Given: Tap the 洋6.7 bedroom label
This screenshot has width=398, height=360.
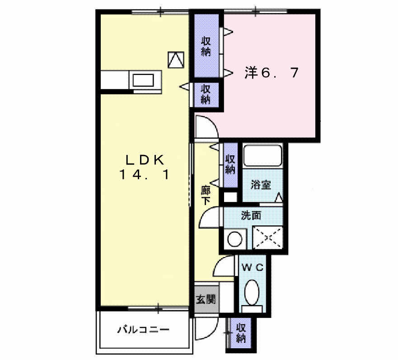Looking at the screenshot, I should pyautogui.click(x=272, y=73).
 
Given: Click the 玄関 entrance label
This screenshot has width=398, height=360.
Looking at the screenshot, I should pyautogui.click(x=206, y=299).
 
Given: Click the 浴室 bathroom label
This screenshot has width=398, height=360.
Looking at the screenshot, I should pyautogui.click(x=261, y=184).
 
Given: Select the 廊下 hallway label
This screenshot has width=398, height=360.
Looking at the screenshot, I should pyautogui.click(x=206, y=195).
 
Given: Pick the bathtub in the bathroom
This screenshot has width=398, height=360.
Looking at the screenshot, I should pyautogui.click(x=262, y=156).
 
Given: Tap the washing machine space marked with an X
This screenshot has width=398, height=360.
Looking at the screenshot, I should pyautogui.click(x=267, y=237).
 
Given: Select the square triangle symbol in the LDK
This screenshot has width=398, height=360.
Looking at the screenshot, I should pyautogui.click(x=176, y=59).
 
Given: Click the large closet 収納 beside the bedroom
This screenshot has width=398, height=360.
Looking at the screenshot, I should pyautogui.click(x=206, y=46).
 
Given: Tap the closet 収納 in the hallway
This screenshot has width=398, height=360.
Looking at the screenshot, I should pyautogui.click(x=230, y=165).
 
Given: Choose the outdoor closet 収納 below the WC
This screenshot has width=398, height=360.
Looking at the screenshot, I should pyautogui.click(x=241, y=333).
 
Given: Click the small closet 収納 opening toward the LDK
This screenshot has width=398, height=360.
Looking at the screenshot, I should pyautogui.click(x=206, y=94).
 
